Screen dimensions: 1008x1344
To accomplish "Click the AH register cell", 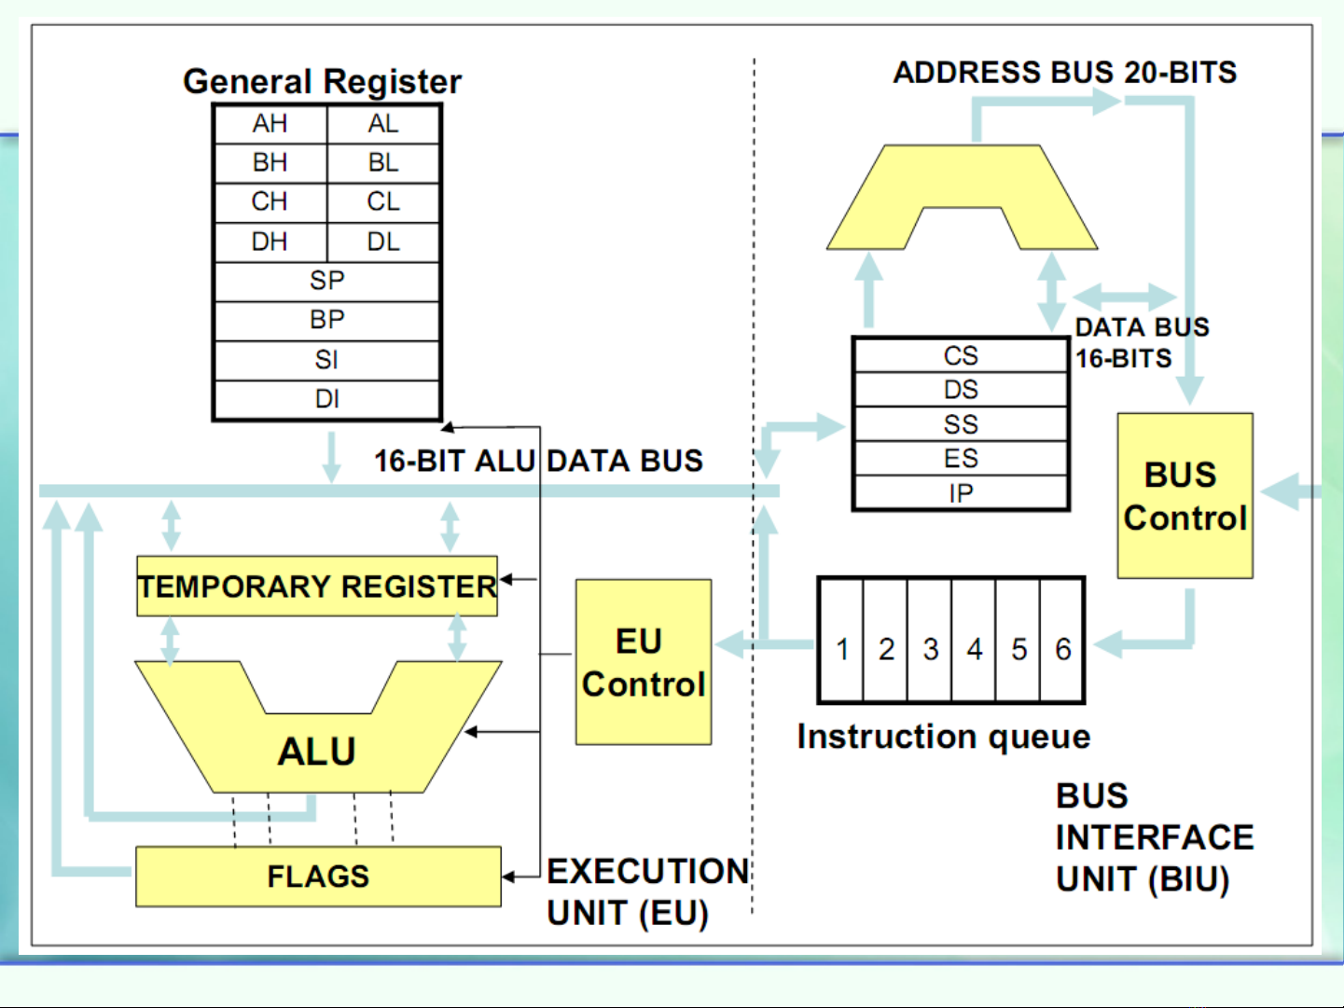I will tap(270, 124).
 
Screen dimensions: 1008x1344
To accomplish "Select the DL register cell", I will tap(383, 242).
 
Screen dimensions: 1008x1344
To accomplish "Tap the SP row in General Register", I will tap(326, 281).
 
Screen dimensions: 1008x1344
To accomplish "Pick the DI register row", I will tap(326, 399).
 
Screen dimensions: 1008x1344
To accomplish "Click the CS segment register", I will tap(960, 355).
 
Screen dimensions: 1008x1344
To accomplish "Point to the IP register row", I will tap(960, 493).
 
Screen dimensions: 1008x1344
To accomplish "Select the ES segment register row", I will tap(960, 459).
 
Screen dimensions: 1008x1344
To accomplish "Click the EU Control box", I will tap(643, 662).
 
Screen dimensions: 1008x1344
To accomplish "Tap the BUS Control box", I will tap(1185, 496).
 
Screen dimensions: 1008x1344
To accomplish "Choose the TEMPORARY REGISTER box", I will tap(317, 587).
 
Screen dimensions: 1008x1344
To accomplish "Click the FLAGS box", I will tap(318, 877).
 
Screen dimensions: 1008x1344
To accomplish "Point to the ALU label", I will tap(316, 752).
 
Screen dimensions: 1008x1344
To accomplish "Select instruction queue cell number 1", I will tap(842, 649).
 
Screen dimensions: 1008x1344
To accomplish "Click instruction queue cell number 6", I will tap(1062, 649).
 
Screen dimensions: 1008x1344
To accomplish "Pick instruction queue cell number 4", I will tap(975, 649).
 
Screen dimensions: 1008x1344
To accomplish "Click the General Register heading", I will tap(322, 82).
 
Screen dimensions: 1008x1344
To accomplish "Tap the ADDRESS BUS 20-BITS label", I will tap(1064, 73).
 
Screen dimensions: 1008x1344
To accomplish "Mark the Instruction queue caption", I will tap(943, 737).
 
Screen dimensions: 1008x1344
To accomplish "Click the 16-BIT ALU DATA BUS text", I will tap(538, 461).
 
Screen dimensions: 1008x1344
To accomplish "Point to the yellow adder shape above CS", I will tap(961, 182).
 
